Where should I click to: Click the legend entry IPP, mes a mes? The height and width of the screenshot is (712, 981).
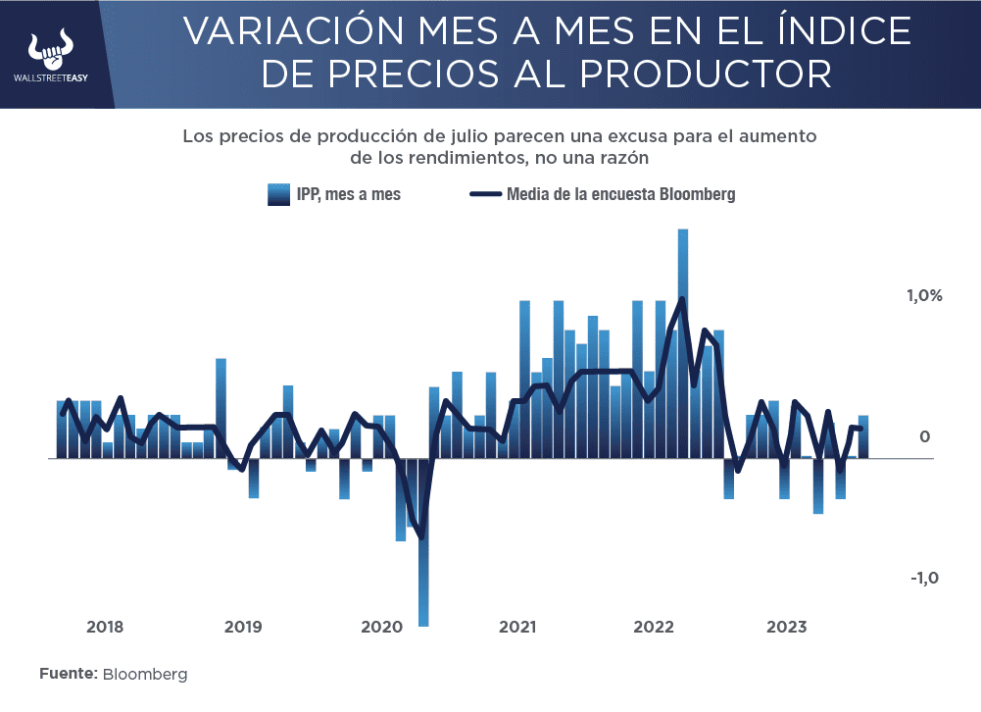coord(334,194)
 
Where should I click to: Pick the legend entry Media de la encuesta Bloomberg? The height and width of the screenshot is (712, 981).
coord(603,194)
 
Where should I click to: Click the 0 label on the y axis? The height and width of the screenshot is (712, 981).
coord(924,436)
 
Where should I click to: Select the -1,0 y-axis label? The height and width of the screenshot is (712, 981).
coord(925,578)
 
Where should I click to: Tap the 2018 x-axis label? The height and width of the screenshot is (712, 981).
coord(105,627)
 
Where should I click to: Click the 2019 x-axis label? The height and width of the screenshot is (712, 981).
coord(242,627)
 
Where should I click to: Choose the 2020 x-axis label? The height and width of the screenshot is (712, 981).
coord(380,627)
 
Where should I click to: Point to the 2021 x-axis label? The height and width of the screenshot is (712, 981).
coord(516,627)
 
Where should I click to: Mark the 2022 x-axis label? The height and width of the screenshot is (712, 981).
coord(652,627)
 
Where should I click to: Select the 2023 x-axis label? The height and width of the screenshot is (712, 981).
coord(788,627)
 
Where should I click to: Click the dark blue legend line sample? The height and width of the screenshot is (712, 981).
coord(485,194)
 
